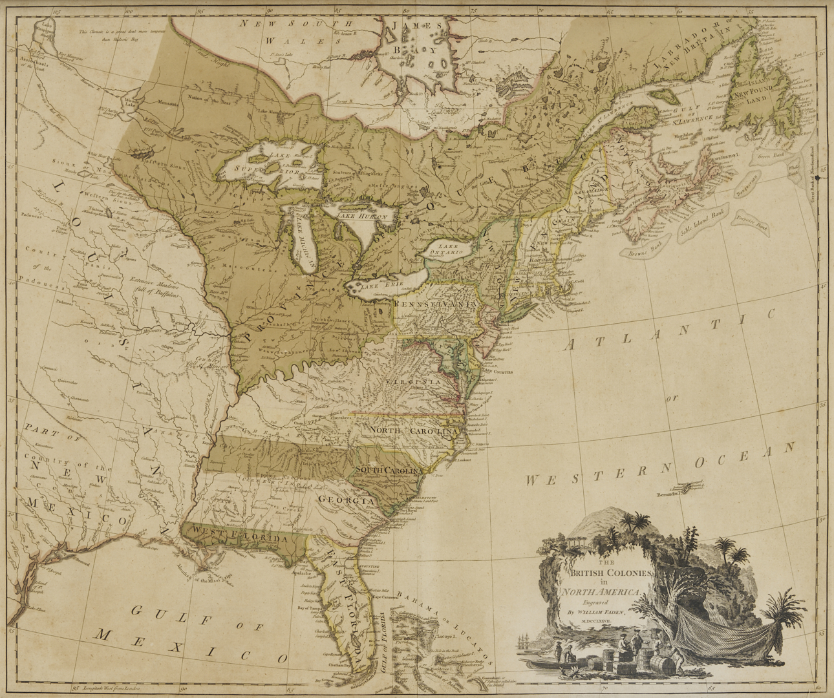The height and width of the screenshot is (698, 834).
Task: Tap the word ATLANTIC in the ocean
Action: pos(668,332)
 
